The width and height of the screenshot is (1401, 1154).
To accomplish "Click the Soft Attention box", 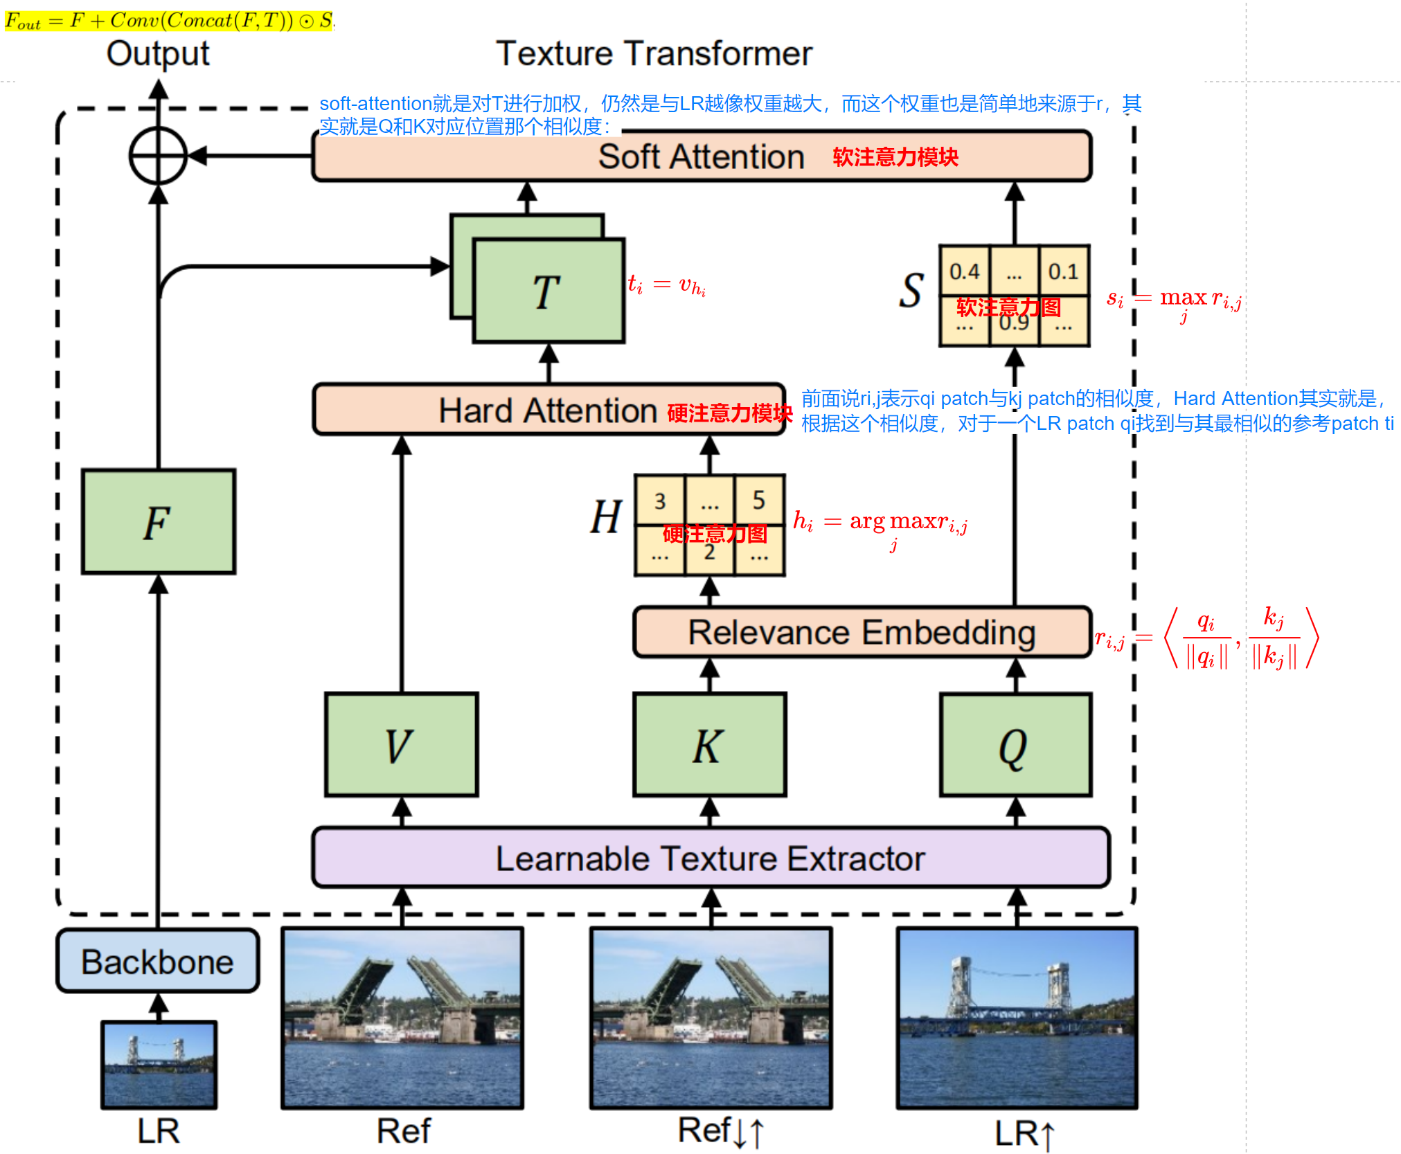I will (701, 156).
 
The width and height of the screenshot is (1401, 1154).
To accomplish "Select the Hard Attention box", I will (548, 410).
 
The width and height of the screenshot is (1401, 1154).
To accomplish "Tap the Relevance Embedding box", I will (862, 632).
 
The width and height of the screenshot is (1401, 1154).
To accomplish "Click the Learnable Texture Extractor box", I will (711, 858).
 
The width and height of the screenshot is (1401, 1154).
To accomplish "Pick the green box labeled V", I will (402, 745).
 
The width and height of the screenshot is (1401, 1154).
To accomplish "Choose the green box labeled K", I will (709, 745).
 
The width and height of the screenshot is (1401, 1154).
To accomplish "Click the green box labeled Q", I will (1015, 745).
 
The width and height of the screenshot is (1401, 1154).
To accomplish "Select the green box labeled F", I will (159, 521).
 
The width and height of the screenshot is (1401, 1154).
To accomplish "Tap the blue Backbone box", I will (158, 962).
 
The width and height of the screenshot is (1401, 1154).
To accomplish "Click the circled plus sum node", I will (159, 156).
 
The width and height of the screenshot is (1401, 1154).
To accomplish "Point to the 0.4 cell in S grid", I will (964, 271).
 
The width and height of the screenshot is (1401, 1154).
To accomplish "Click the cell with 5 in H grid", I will (759, 500).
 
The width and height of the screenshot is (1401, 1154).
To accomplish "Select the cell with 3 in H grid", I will (660, 500).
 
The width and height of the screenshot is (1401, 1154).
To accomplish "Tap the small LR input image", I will (159, 1064).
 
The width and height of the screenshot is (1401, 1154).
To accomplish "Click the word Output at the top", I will (158, 53).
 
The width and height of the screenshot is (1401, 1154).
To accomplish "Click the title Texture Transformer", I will (654, 53).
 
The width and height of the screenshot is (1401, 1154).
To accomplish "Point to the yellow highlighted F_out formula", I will (169, 21).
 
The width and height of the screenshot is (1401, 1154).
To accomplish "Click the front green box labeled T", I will (548, 291).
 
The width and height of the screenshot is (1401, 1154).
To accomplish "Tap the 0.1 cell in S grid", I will (1063, 271).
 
